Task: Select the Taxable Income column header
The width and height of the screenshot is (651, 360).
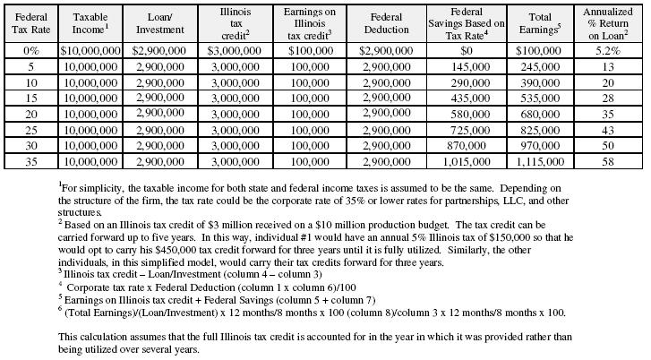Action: tap(90, 23)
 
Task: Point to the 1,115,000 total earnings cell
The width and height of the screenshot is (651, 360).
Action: tap(541, 161)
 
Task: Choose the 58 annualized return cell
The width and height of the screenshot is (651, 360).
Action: tap(608, 161)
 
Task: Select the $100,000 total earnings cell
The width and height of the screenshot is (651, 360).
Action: tap(541, 51)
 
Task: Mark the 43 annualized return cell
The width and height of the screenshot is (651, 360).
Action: tap(608, 130)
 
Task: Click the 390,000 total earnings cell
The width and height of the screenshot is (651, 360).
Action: tap(541, 82)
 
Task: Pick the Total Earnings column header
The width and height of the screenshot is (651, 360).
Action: tap(541, 23)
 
